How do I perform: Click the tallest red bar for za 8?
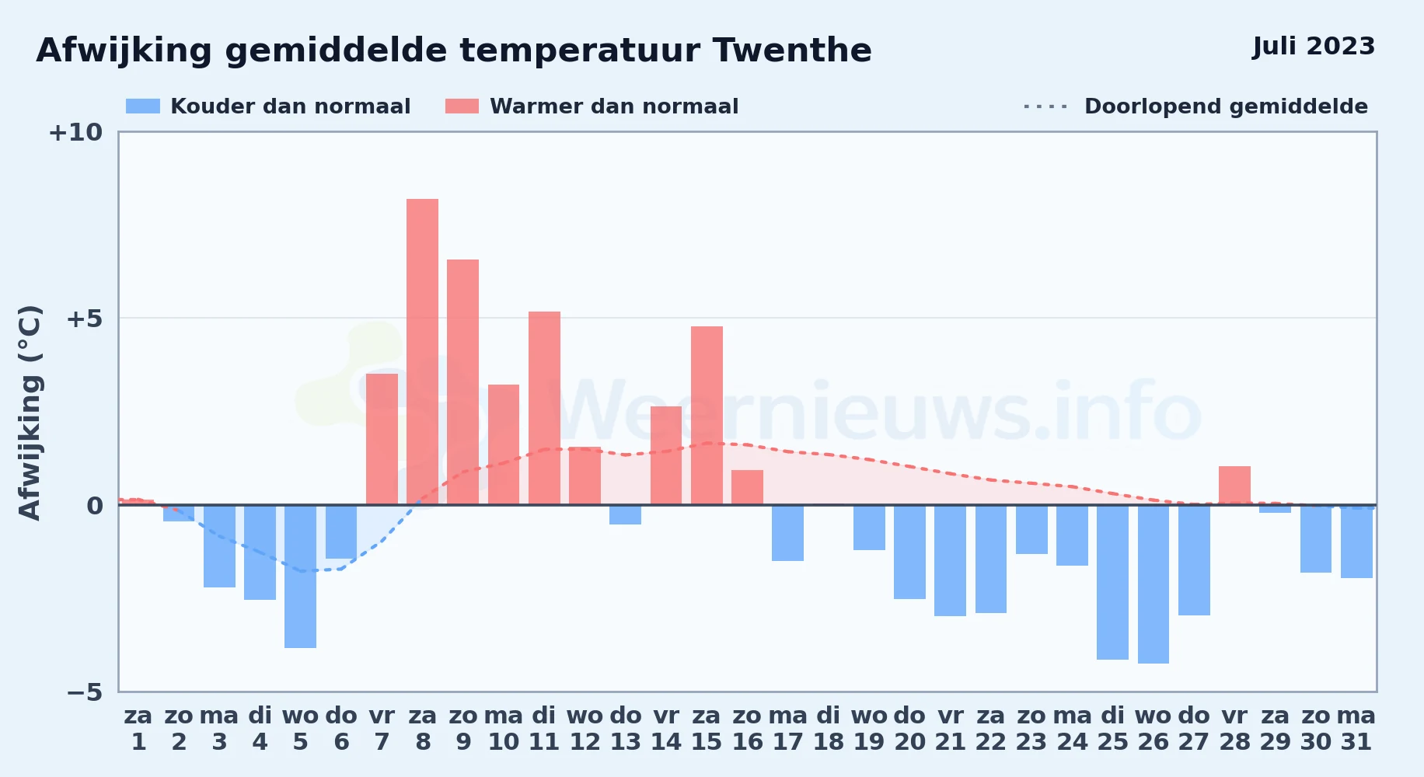[x=422, y=352]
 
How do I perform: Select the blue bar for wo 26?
[x=1154, y=584]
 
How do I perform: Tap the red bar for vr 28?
[x=1234, y=486]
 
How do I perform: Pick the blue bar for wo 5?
[x=300, y=577]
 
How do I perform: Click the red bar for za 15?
[x=707, y=416]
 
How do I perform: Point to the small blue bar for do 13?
[x=625, y=515]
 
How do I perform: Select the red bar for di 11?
[x=544, y=408]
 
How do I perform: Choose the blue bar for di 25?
[x=1112, y=582]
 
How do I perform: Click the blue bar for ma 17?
[x=787, y=533]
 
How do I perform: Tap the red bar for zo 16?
[x=747, y=487]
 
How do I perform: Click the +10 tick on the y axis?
[x=75, y=133]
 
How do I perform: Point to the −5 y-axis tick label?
[x=84, y=692]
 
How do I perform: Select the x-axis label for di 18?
[x=829, y=729]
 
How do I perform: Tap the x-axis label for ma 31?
[x=1356, y=729]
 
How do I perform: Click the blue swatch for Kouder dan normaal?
[x=143, y=106]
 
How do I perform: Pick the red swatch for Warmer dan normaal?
[x=462, y=106]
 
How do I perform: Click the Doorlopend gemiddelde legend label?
[x=1226, y=106]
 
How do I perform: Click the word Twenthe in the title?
[x=792, y=51]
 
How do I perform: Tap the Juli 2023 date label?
[x=1314, y=47]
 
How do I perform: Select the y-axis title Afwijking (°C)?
[x=30, y=413]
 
